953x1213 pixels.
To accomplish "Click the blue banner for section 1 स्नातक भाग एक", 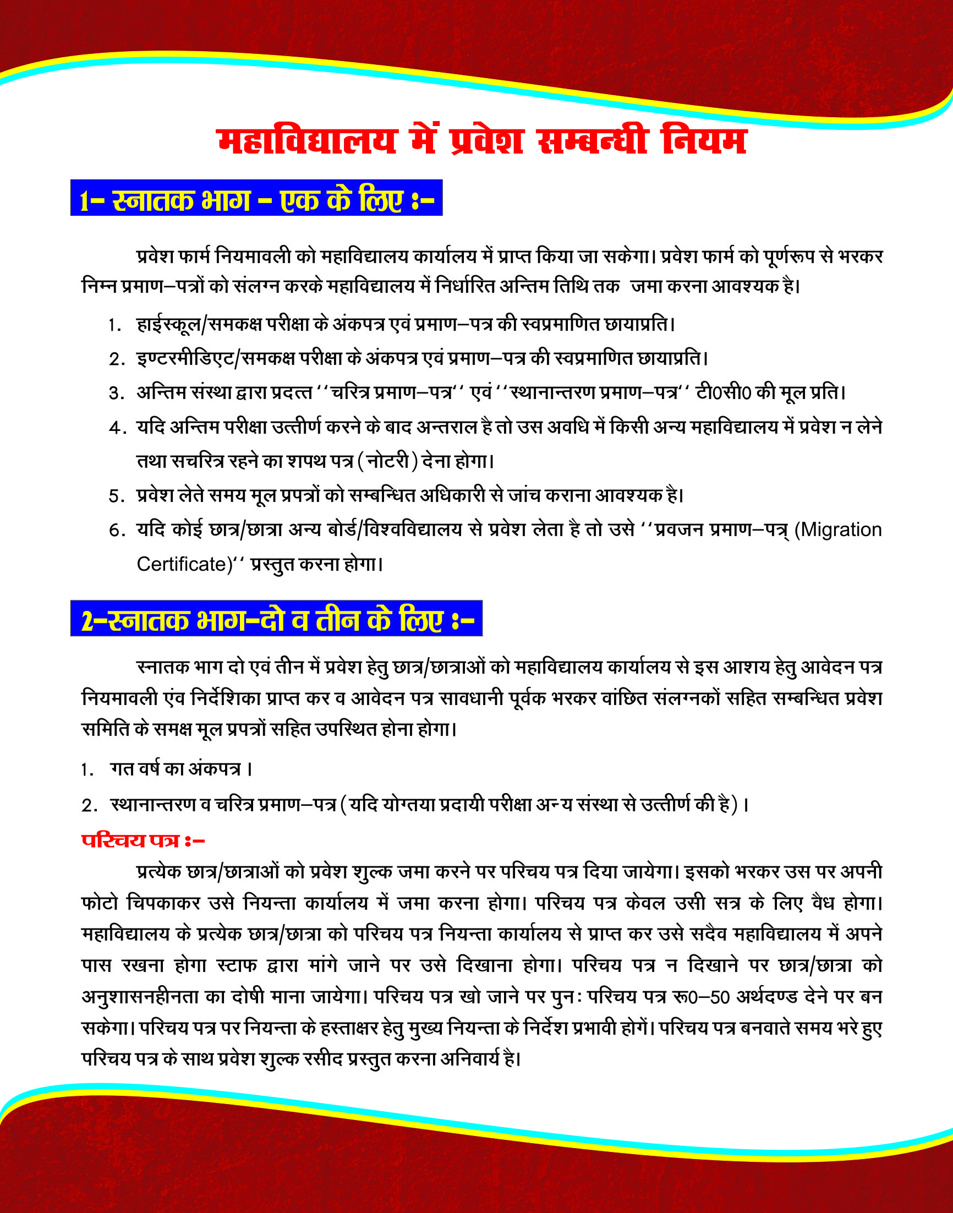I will point(256,198).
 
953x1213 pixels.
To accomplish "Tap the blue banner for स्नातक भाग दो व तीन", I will point(276,619).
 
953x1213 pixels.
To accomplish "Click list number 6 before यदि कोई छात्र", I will point(116,531).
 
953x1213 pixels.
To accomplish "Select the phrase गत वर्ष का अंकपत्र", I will point(176,769).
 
